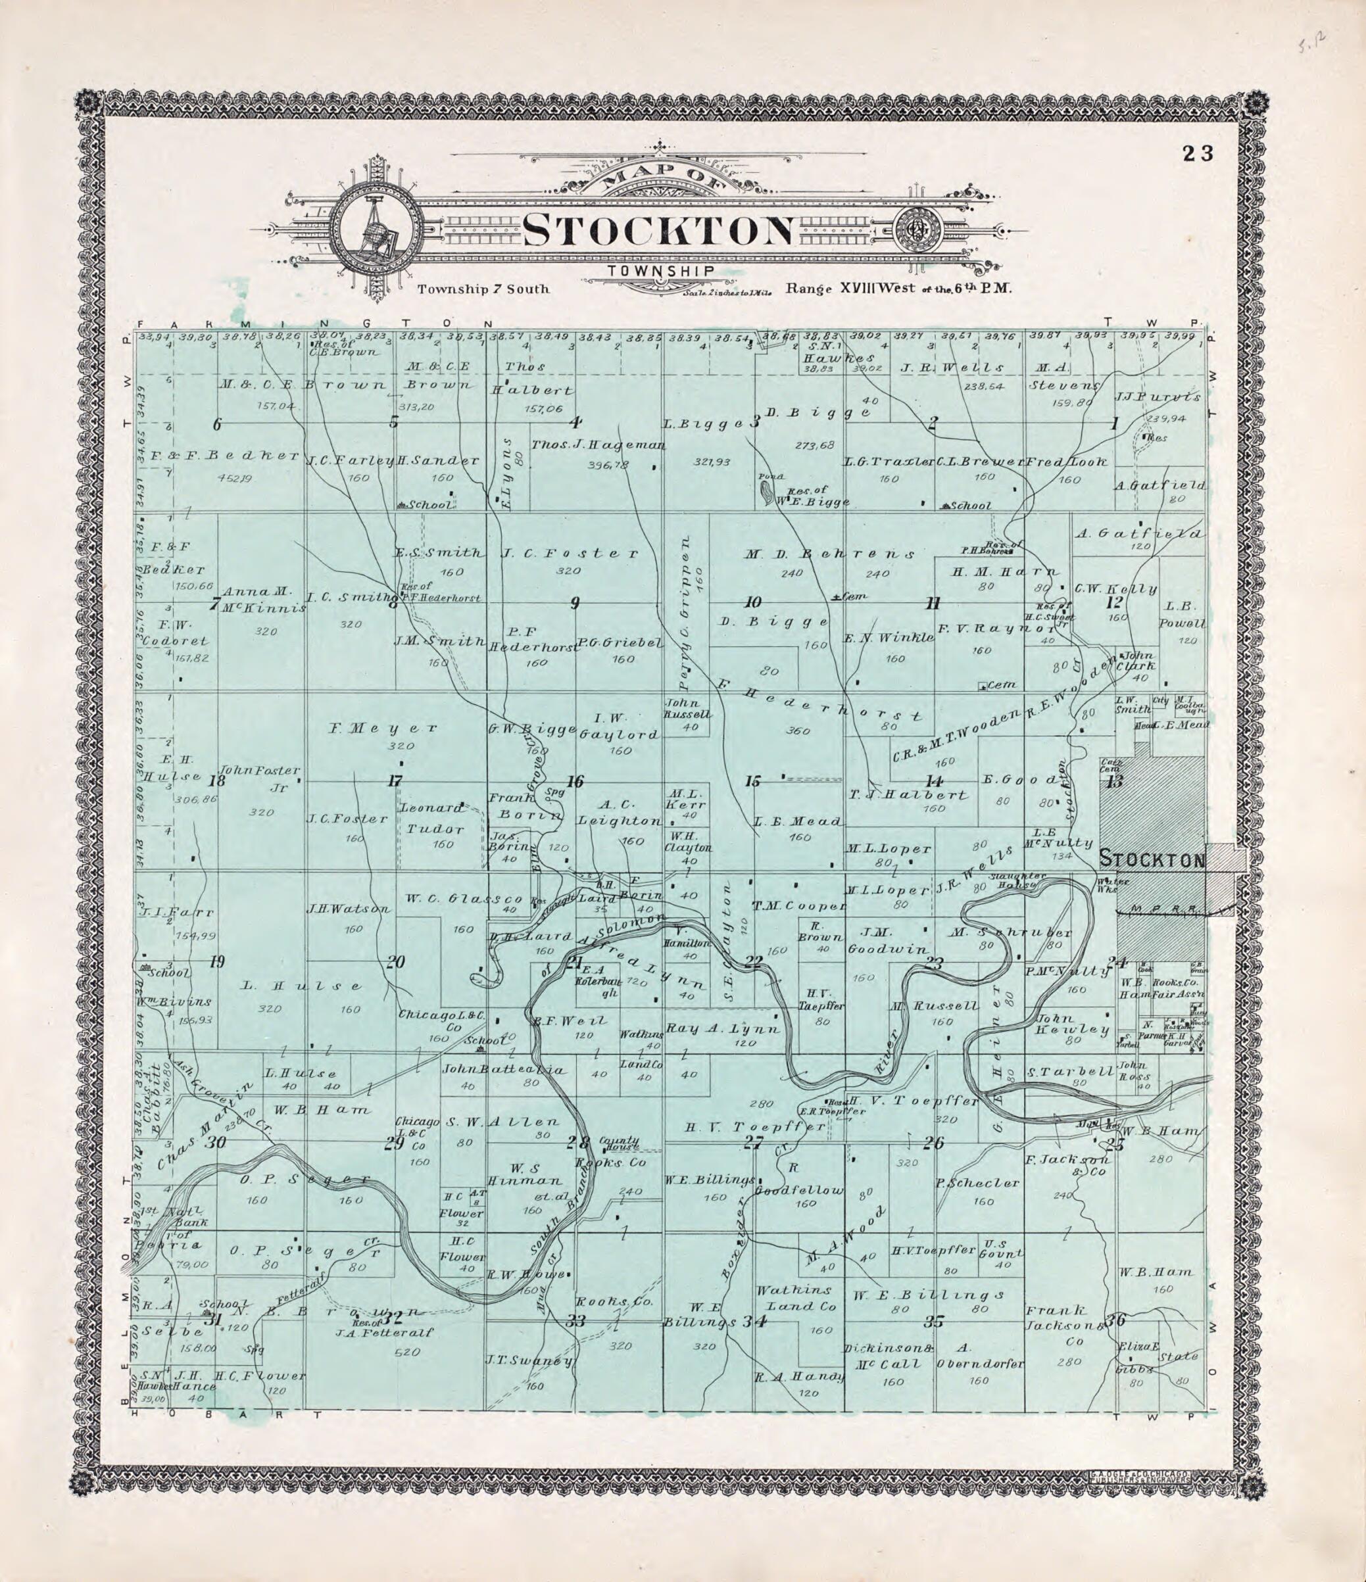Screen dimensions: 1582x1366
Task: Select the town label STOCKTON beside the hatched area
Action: pyautogui.click(x=1152, y=861)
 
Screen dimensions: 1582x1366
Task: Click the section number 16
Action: pyautogui.click(x=574, y=782)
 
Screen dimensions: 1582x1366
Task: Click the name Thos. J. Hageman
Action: pyautogui.click(x=598, y=445)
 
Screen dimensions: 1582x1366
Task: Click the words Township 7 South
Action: pyautogui.click(x=483, y=290)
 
